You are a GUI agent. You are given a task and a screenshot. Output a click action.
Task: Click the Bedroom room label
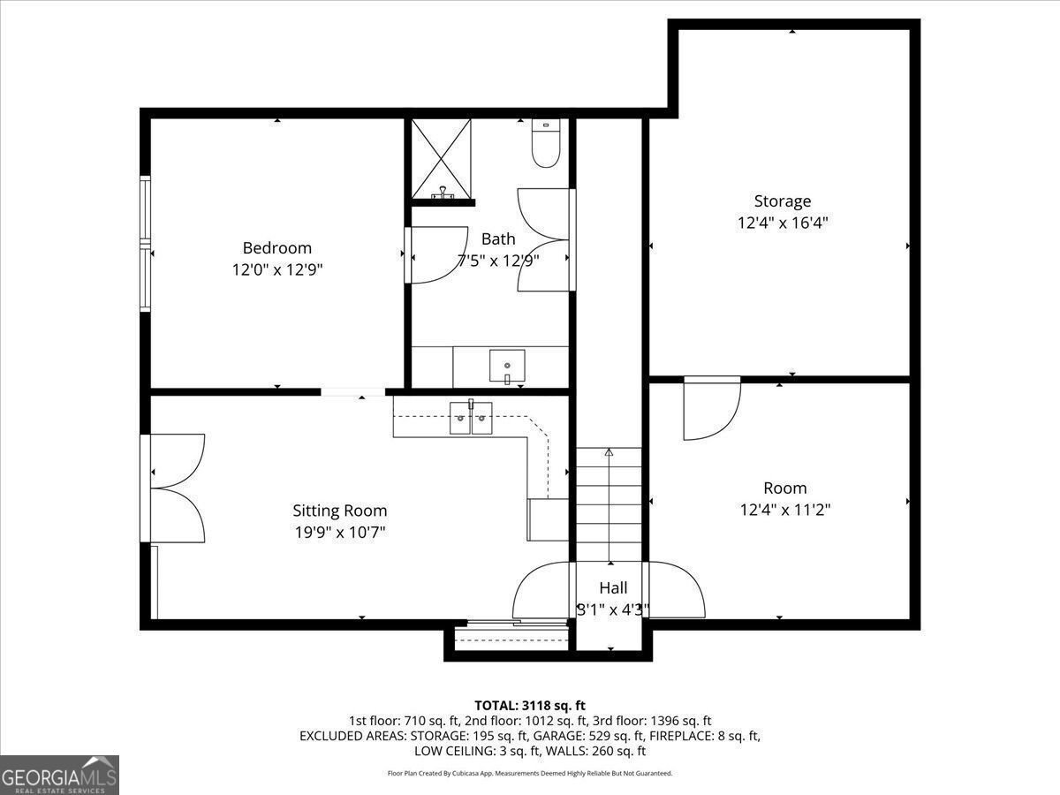pyautogui.click(x=276, y=247)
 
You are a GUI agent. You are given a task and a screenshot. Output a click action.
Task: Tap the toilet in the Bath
pyautogui.click(x=546, y=143)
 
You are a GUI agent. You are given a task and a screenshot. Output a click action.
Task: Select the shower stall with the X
pyautogui.click(x=441, y=159)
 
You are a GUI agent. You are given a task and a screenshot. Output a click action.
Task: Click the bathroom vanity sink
pyautogui.click(x=507, y=366)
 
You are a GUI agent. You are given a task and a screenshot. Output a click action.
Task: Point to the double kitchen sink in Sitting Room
pyautogui.click(x=471, y=418)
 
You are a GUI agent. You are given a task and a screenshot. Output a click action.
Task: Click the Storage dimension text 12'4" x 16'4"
pyautogui.click(x=783, y=223)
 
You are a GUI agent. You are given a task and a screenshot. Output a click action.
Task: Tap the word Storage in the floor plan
pyautogui.click(x=783, y=201)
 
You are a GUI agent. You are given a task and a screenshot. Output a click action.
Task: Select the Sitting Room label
pyautogui.click(x=339, y=511)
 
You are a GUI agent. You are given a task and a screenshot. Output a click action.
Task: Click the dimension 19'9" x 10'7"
pyautogui.click(x=340, y=532)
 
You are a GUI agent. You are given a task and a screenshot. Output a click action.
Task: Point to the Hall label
pyautogui.click(x=613, y=587)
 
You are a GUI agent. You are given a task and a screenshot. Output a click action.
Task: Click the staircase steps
pyautogui.click(x=609, y=505)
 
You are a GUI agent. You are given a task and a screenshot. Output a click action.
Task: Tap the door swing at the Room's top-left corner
pyautogui.click(x=712, y=408)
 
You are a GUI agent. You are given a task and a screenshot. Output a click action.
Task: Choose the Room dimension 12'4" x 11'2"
pyautogui.click(x=785, y=510)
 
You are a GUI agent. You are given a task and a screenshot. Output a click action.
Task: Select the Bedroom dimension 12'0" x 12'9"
pyautogui.click(x=277, y=269)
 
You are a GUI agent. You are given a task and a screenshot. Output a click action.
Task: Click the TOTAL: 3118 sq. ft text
pyautogui.click(x=530, y=705)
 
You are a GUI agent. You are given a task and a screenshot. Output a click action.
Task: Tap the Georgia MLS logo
pyautogui.click(x=59, y=775)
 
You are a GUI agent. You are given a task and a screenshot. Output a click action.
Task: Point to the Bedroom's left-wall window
pyautogui.click(x=146, y=244)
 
